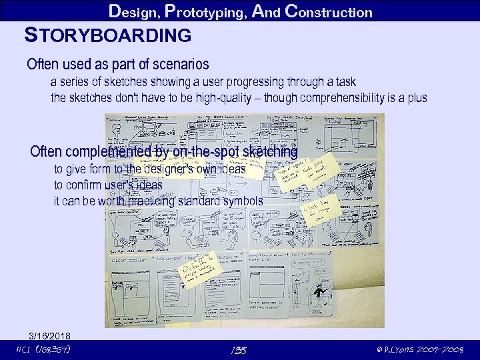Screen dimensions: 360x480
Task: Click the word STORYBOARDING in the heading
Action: tap(107, 35)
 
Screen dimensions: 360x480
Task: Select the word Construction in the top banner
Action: tap(328, 11)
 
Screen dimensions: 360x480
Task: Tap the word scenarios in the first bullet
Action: tap(180, 65)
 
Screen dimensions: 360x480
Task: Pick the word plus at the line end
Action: tap(416, 98)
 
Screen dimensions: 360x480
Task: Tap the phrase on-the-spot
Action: tap(206, 151)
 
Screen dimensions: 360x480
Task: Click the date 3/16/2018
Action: tap(51, 335)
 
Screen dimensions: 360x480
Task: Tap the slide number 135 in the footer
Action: tap(238, 350)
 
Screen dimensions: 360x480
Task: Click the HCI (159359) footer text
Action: tap(43, 349)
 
